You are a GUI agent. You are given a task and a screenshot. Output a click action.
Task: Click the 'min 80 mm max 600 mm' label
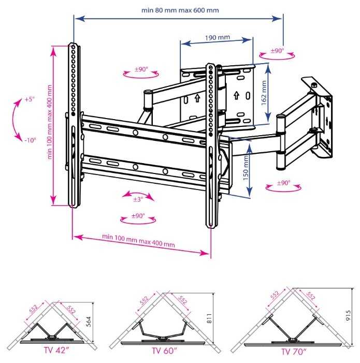click(180, 10)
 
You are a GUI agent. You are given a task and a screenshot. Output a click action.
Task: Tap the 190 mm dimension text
click(218, 37)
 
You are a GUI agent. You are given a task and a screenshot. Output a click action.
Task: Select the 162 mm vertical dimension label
click(264, 93)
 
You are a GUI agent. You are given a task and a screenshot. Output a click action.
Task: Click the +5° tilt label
click(30, 99)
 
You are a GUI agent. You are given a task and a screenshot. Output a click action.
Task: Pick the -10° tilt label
click(31, 140)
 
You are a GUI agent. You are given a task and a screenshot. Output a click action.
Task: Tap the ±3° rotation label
click(138, 199)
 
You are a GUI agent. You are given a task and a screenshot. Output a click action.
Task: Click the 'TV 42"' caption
click(56, 350)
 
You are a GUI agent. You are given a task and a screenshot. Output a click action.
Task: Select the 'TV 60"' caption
click(164, 351)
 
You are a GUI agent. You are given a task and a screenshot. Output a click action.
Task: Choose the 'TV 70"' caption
click(294, 352)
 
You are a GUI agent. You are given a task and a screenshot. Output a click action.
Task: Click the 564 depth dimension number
click(89, 322)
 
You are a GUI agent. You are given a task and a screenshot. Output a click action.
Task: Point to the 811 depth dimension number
click(209, 318)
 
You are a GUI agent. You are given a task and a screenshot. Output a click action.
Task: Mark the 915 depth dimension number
click(348, 315)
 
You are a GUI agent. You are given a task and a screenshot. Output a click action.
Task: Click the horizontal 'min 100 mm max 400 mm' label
click(138, 241)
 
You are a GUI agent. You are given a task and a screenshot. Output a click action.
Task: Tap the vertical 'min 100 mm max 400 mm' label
click(49, 122)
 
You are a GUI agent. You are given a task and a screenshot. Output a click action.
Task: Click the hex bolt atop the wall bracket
click(314, 85)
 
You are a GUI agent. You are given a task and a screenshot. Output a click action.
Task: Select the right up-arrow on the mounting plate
click(236, 95)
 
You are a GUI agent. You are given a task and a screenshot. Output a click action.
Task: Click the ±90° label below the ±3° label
click(138, 216)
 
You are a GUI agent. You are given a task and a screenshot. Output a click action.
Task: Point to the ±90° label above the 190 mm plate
click(277, 51)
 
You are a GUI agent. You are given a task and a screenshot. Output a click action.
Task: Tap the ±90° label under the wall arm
click(284, 183)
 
